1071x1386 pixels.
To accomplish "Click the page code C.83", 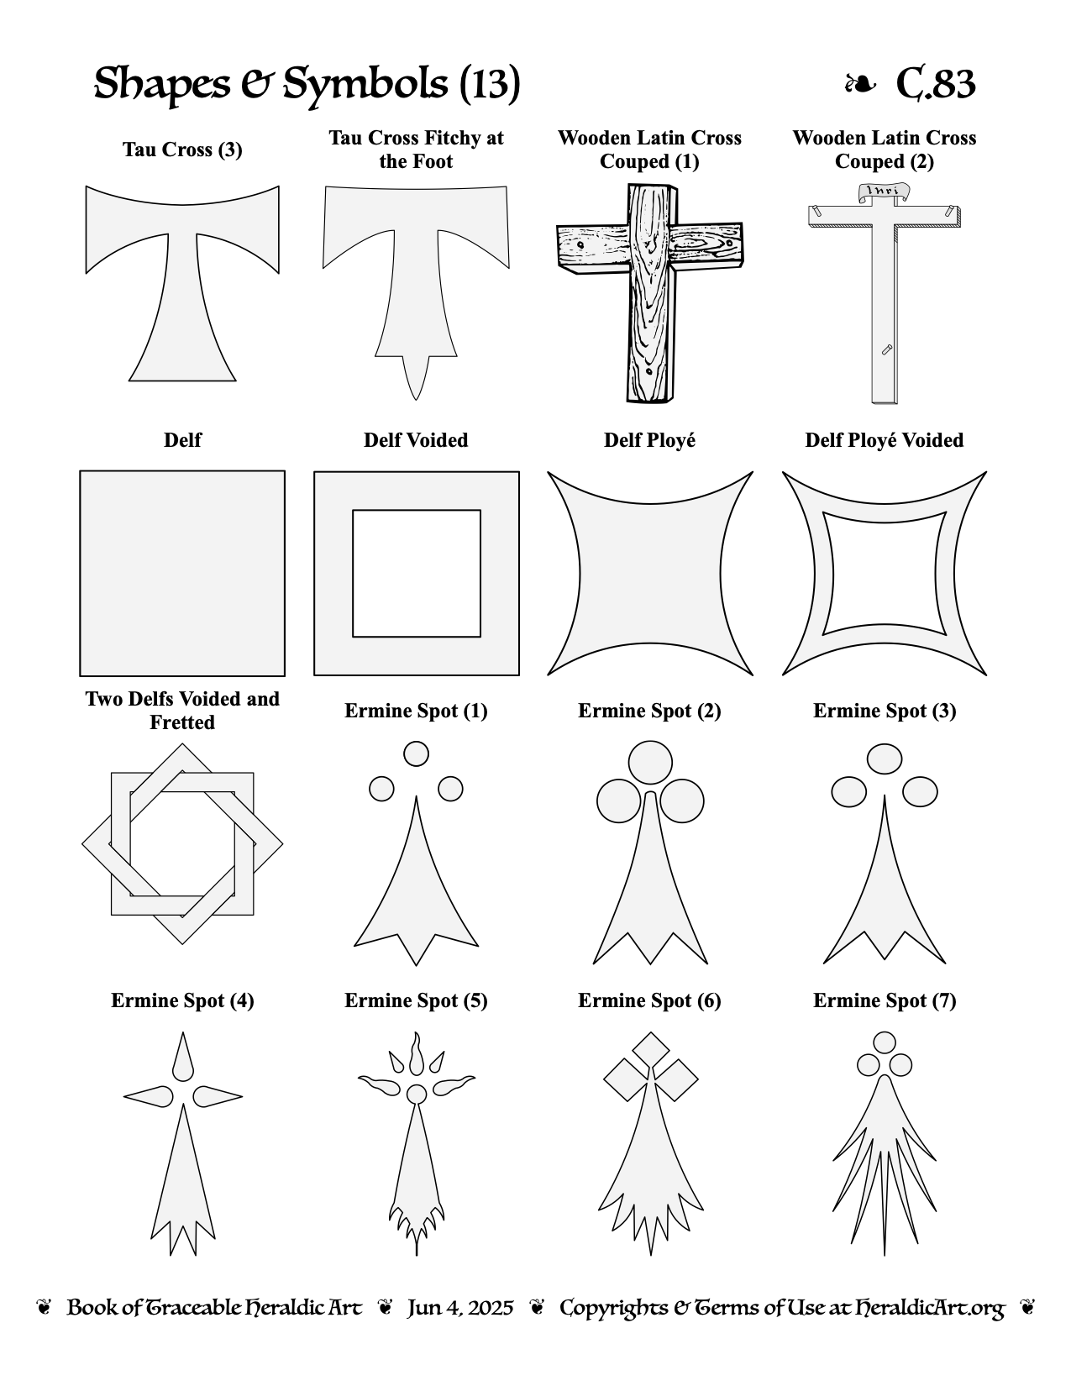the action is (935, 83).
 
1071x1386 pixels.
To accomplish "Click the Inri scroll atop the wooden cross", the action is (884, 192).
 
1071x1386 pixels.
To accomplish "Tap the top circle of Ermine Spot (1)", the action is (416, 753).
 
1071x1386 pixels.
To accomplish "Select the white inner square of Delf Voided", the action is (416, 573).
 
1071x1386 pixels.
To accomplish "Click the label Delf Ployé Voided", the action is (884, 440).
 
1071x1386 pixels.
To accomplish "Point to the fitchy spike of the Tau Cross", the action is (416, 376).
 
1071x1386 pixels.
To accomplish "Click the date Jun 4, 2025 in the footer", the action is (460, 1308).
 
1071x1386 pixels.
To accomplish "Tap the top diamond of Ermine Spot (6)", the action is (650, 1049).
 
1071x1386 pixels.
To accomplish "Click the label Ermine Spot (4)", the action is (182, 1000).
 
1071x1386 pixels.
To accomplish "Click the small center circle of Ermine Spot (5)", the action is (416, 1094).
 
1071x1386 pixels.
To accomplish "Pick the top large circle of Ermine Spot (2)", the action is (650, 762).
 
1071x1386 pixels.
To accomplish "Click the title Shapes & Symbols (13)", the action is (307, 83).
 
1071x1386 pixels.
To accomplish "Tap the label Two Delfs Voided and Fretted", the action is (182, 710).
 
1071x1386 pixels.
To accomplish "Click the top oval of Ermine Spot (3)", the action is (885, 759).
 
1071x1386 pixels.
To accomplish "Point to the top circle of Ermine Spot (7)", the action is (885, 1042).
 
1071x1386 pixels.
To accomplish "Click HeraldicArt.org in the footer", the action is (929, 1308).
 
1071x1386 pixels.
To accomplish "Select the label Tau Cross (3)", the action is (182, 150).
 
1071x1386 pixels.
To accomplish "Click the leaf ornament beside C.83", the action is (859, 83).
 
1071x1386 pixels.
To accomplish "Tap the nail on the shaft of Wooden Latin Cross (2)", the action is (886, 349).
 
